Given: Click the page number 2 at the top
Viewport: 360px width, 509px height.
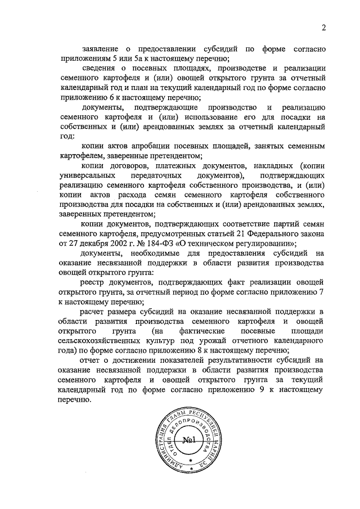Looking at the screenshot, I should [323, 28].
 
